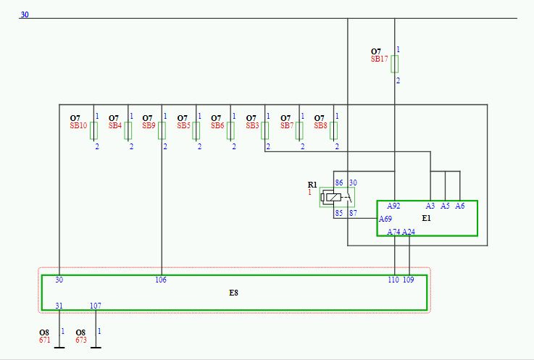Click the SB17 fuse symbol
[x=394, y=64]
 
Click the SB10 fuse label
[x=78, y=125]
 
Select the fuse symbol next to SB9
[x=162, y=131]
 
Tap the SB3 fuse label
[x=252, y=125]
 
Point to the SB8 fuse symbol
[x=334, y=131]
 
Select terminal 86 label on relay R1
[x=339, y=183]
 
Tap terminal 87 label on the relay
[x=353, y=213]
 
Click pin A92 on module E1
[x=393, y=206]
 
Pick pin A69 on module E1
[x=385, y=219]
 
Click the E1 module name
[x=426, y=218]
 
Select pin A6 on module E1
[x=460, y=206]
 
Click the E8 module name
[x=233, y=293]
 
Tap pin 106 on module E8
[x=161, y=280]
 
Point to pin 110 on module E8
[x=393, y=280]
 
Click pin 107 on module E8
[x=96, y=306]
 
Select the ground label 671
[x=45, y=340]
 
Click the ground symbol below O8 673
[x=96, y=348]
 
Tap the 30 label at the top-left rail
[x=25, y=14]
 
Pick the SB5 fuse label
[x=183, y=125]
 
